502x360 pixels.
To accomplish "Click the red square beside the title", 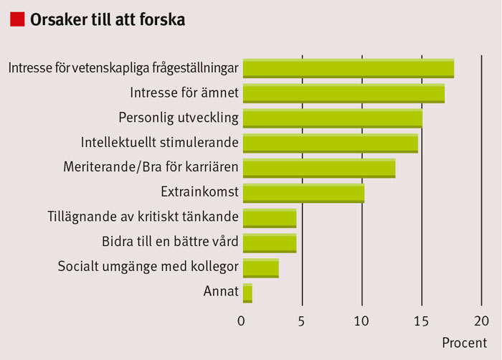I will [16, 19].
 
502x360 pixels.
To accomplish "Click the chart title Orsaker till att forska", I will [108, 20].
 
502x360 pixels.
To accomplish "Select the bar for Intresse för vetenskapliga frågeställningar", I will [349, 68].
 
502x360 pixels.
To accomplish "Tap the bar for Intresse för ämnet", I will [344, 93].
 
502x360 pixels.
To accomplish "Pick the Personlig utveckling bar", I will [333, 118].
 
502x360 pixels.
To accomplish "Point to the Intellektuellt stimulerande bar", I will [331, 143].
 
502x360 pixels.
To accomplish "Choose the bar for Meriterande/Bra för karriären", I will [319, 169].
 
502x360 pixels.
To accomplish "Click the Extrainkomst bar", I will [304, 194].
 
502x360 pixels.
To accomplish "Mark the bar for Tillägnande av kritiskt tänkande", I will [270, 218].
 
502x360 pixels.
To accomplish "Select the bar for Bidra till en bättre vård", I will [270, 243].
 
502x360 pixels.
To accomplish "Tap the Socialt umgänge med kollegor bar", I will [261, 268].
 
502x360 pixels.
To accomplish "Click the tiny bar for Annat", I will [247, 293].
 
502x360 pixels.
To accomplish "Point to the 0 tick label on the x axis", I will [242, 320].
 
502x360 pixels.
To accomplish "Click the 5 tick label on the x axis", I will [303, 320].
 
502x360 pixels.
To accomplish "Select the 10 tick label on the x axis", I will [361, 320].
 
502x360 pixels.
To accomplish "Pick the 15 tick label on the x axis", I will [422, 320].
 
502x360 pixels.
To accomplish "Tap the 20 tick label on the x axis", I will [481, 320].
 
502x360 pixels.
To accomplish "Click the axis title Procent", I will [464, 342].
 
